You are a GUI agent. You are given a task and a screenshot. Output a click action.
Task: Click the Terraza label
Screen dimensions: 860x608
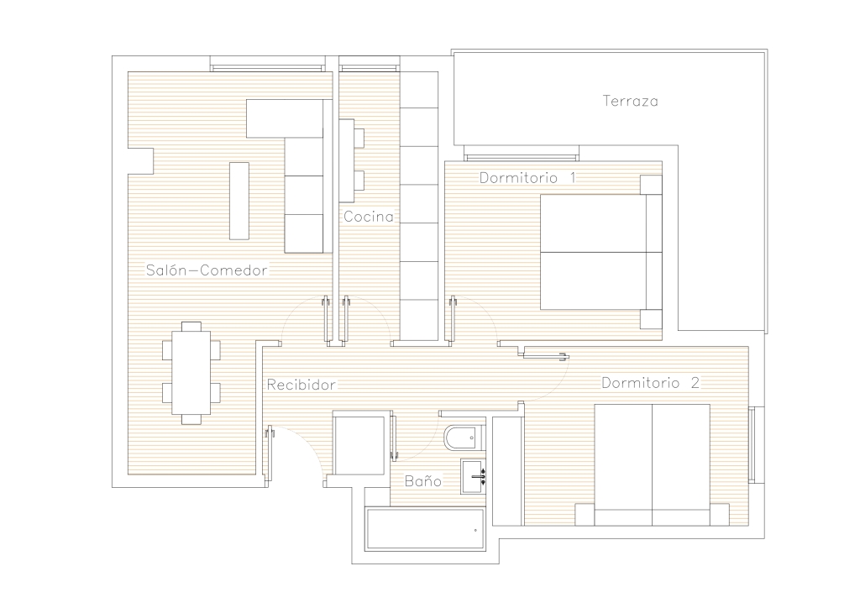[630, 101]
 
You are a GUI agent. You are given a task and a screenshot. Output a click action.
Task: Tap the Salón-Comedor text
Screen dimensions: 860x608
[207, 270]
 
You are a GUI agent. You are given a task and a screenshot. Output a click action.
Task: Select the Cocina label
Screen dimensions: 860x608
[369, 217]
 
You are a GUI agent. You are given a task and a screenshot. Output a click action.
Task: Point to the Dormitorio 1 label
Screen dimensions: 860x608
[527, 178]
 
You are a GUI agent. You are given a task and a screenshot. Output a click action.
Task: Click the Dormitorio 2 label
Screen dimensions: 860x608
[651, 383]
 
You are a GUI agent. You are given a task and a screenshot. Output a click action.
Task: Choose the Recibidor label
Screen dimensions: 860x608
[302, 385]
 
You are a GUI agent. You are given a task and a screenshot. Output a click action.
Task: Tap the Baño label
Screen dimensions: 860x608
[423, 481]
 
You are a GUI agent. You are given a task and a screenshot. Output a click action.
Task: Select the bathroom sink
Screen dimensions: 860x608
[474, 476]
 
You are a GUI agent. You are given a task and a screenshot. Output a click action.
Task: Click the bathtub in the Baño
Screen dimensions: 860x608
[424, 529]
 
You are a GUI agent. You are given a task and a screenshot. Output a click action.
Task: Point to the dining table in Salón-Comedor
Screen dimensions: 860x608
[191, 373]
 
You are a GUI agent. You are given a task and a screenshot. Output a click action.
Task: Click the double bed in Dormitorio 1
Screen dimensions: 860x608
[600, 252]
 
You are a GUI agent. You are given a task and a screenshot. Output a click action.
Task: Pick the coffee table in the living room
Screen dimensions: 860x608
[239, 201]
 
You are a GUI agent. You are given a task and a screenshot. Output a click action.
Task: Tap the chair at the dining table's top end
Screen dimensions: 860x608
[191, 326]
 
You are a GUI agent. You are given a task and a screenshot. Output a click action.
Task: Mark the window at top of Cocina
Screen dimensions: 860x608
[369, 67]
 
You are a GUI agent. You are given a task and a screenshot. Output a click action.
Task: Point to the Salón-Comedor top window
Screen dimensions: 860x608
[267, 67]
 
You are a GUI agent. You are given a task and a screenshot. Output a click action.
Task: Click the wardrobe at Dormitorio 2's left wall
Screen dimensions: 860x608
[508, 471]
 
